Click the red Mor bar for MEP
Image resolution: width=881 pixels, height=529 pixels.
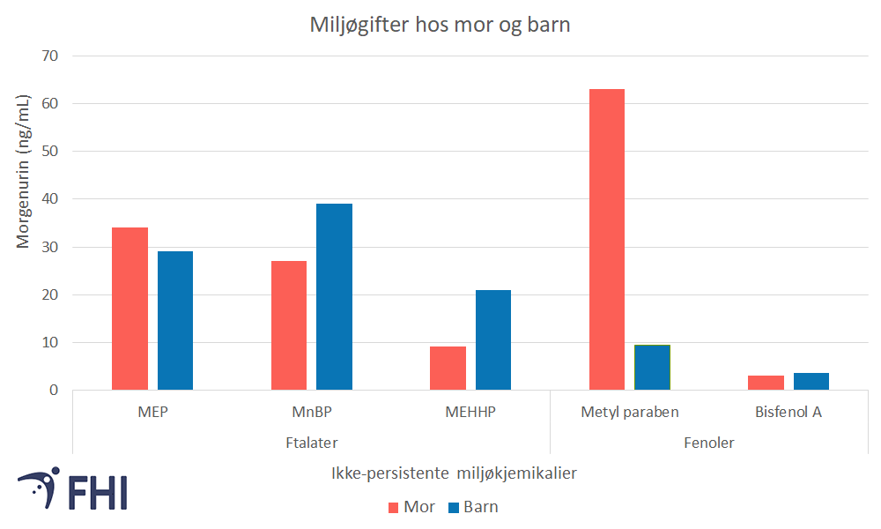(130, 309)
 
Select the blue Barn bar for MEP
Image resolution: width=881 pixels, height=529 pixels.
(175, 320)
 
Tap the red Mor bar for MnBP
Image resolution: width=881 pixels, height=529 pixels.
(289, 325)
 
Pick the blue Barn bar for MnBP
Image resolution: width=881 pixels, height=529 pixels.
(334, 296)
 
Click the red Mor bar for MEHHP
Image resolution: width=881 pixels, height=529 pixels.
(448, 368)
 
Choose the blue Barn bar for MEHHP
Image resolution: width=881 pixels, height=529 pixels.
(493, 339)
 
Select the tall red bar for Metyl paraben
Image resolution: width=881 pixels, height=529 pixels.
(607, 239)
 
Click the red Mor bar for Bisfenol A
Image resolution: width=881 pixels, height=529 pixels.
(766, 383)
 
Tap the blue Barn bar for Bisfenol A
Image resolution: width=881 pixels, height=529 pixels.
(811, 381)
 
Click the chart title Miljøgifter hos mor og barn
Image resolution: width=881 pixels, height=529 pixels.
(440, 25)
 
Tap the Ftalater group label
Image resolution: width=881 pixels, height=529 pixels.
(312, 442)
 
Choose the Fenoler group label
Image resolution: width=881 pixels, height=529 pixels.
(709, 442)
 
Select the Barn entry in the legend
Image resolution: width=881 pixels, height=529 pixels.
(472, 506)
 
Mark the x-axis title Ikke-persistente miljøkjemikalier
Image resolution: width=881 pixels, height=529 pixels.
(455, 473)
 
